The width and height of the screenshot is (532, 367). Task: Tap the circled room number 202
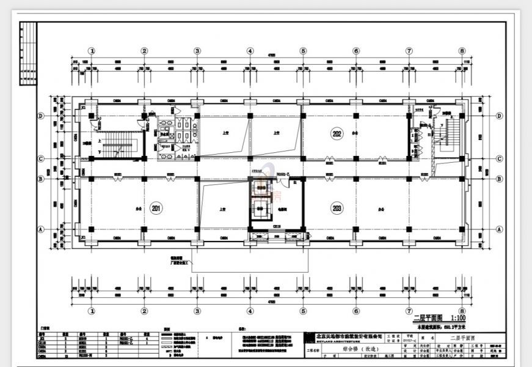tap(336, 133)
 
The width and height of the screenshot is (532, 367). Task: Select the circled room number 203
tap(336, 209)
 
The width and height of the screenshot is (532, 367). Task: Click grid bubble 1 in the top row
tap(92, 51)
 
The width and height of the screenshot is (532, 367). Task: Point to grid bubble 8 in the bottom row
tap(462, 310)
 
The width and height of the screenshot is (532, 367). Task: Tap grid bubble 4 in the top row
tap(250, 51)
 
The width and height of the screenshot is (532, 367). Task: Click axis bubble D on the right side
tap(499, 116)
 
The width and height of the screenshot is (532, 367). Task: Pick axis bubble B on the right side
tap(499, 179)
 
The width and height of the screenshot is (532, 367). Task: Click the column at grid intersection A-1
tap(92, 229)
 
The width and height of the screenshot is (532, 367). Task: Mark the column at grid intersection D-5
tap(302, 116)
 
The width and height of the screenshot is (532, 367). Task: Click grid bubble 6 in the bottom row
tap(356, 310)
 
